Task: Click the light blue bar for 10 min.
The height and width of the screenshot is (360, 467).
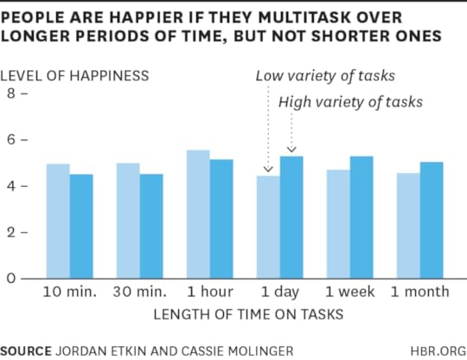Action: [58, 221]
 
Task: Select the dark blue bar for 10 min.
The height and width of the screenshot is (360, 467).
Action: [81, 226]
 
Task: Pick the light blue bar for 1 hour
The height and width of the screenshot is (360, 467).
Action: [198, 214]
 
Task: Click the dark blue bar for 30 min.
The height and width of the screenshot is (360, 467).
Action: [151, 226]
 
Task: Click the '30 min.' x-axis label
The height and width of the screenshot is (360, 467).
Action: [139, 292]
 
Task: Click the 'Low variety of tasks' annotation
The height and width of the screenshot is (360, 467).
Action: [325, 75]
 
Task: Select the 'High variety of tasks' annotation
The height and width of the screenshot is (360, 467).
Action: [350, 101]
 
